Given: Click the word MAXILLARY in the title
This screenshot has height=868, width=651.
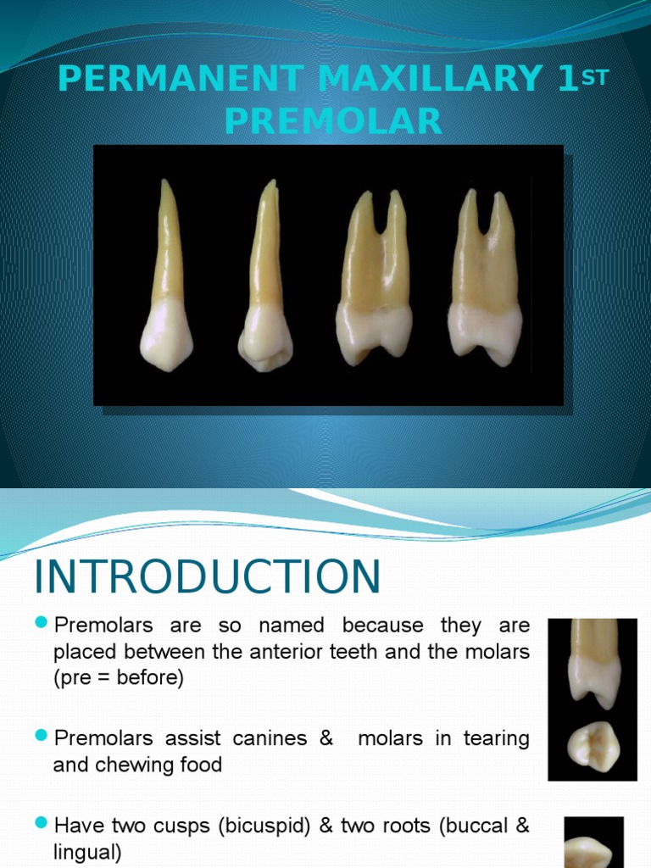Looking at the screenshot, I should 421,80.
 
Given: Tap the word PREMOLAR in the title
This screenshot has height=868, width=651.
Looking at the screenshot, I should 333,122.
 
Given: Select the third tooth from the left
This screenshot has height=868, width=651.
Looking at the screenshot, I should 374,280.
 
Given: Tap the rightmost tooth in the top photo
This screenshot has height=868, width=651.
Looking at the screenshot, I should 485,280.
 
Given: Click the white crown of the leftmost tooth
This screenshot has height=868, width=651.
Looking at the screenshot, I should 166,337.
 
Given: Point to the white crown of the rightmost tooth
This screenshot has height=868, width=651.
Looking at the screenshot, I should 485,331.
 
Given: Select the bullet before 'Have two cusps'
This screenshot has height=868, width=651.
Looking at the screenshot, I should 42,823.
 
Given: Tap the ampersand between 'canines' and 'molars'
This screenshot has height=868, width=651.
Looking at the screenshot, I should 326,738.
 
